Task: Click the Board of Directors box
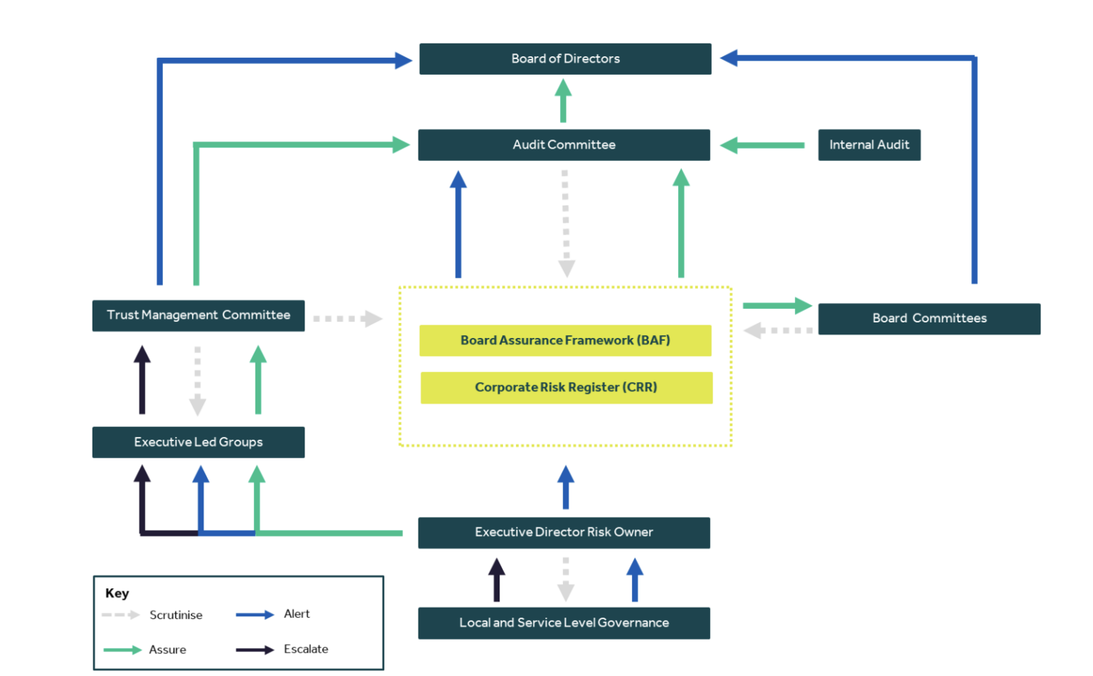pyautogui.click(x=565, y=59)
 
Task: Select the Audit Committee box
pyautogui.click(x=564, y=145)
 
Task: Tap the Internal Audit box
pyautogui.click(x=869, y=145)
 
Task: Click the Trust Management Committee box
pyautogui.click(x=198, y=315)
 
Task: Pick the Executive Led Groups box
pyautogui.click(x=198, y=442)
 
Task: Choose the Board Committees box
pyautogui.click(x=929, y=318)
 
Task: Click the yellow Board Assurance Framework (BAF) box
pyautogui.click(x=565, y=340)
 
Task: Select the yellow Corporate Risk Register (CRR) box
pyautogui.click(x=566, y=388)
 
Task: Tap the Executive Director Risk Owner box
pyautogui.click(x=564, y=532)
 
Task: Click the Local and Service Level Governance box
pyautogui.click(x=564, y=623)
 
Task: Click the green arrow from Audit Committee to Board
pyautogui.click(x=563, y=101)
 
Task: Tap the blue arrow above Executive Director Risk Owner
pyautogui.click(x=566, y=487)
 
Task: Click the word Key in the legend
pyautogui.click(x=117, y=593)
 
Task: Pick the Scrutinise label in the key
pyautogui.click(x=176, y=615)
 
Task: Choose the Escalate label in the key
pyautogui.click(x=306, y=649)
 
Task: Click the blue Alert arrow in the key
pyautogui.click(x=255, y=615)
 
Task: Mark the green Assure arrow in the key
pyautogui.click(x=122, y=650)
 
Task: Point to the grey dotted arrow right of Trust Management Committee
pyautogui.click(x=347, y=318)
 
